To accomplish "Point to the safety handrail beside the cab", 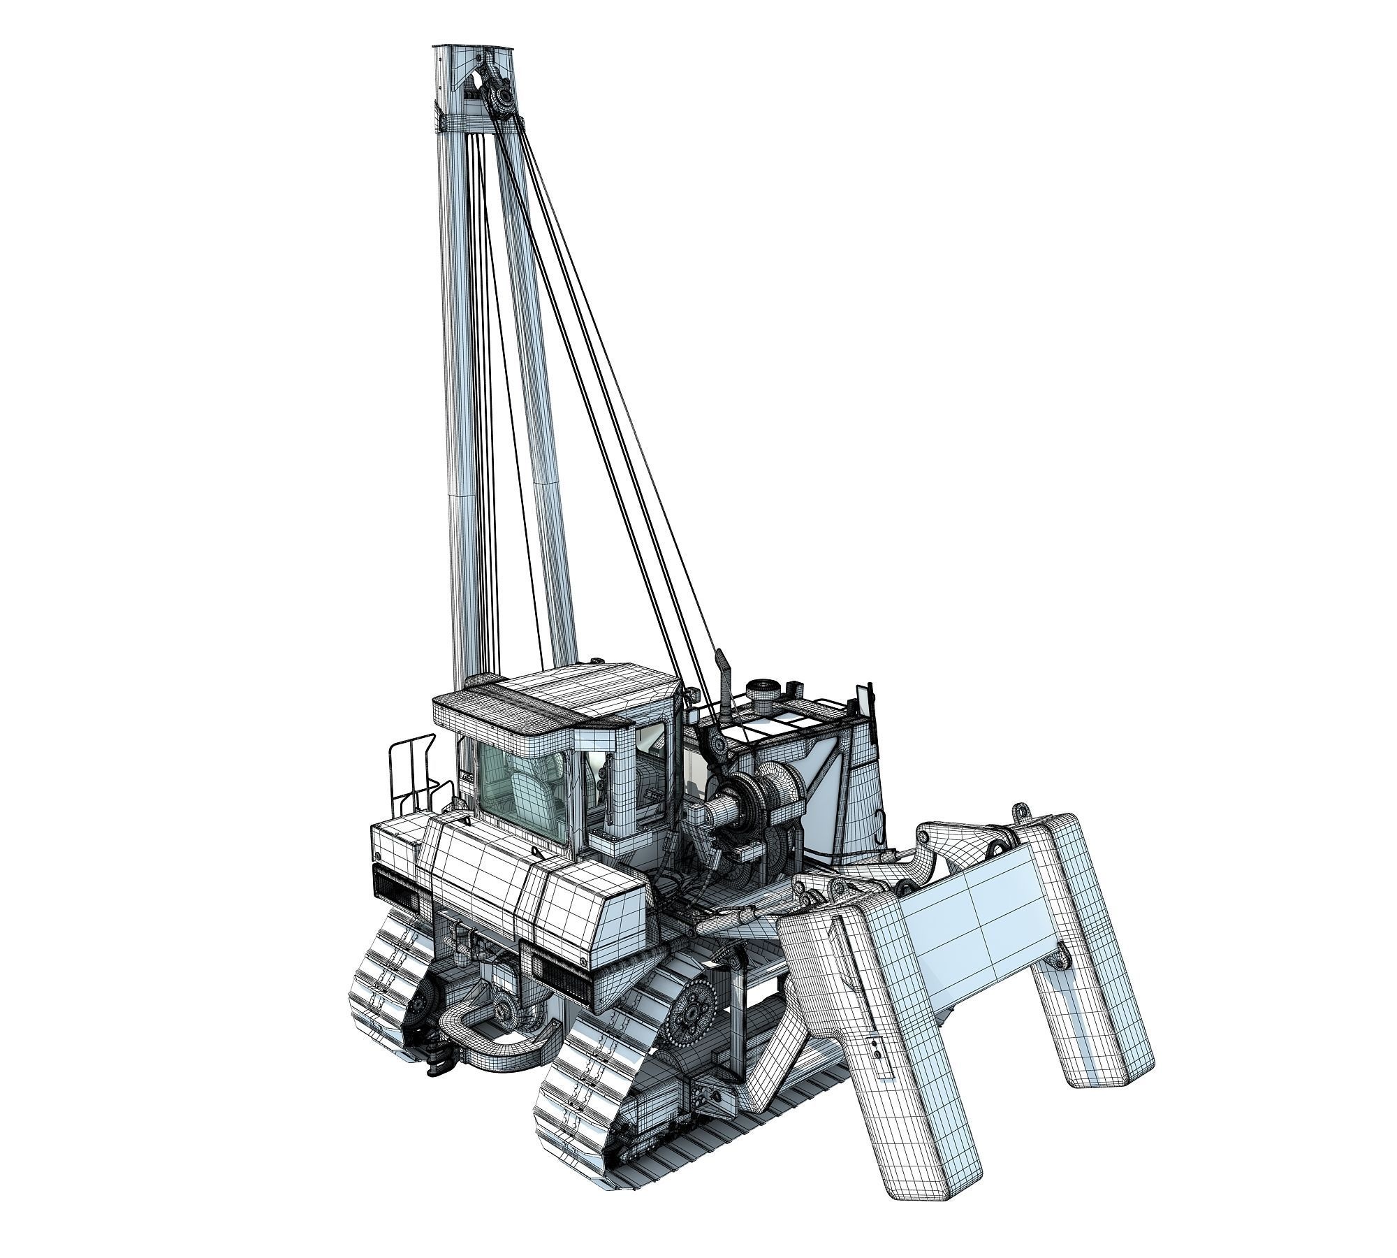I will click(x=412, y=776).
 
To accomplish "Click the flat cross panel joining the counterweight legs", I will click(x=978, y=930).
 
